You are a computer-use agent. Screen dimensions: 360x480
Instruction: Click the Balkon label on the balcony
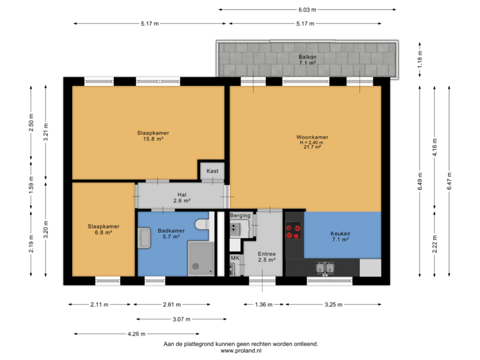tap(308, 57)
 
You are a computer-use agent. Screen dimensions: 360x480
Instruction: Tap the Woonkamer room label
tap(312, 142)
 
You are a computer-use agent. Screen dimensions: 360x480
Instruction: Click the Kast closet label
tap(212, 171)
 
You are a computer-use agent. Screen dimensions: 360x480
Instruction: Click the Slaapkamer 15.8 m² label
tap(153, 136)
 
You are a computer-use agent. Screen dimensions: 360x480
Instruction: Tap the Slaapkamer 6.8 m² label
tap(103, 229)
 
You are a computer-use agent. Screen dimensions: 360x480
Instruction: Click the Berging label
tap(240, 215)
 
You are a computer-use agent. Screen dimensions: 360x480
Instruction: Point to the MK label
tap(235, 258)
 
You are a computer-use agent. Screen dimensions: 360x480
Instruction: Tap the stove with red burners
tap(293, 231)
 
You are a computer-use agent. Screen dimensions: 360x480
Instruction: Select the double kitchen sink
tap(326, 269)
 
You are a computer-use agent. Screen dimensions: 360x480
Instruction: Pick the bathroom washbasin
tap(145, 237)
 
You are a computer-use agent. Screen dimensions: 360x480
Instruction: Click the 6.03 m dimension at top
tap(307, 10)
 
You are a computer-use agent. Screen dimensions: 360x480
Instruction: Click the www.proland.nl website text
tap(240, 351)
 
